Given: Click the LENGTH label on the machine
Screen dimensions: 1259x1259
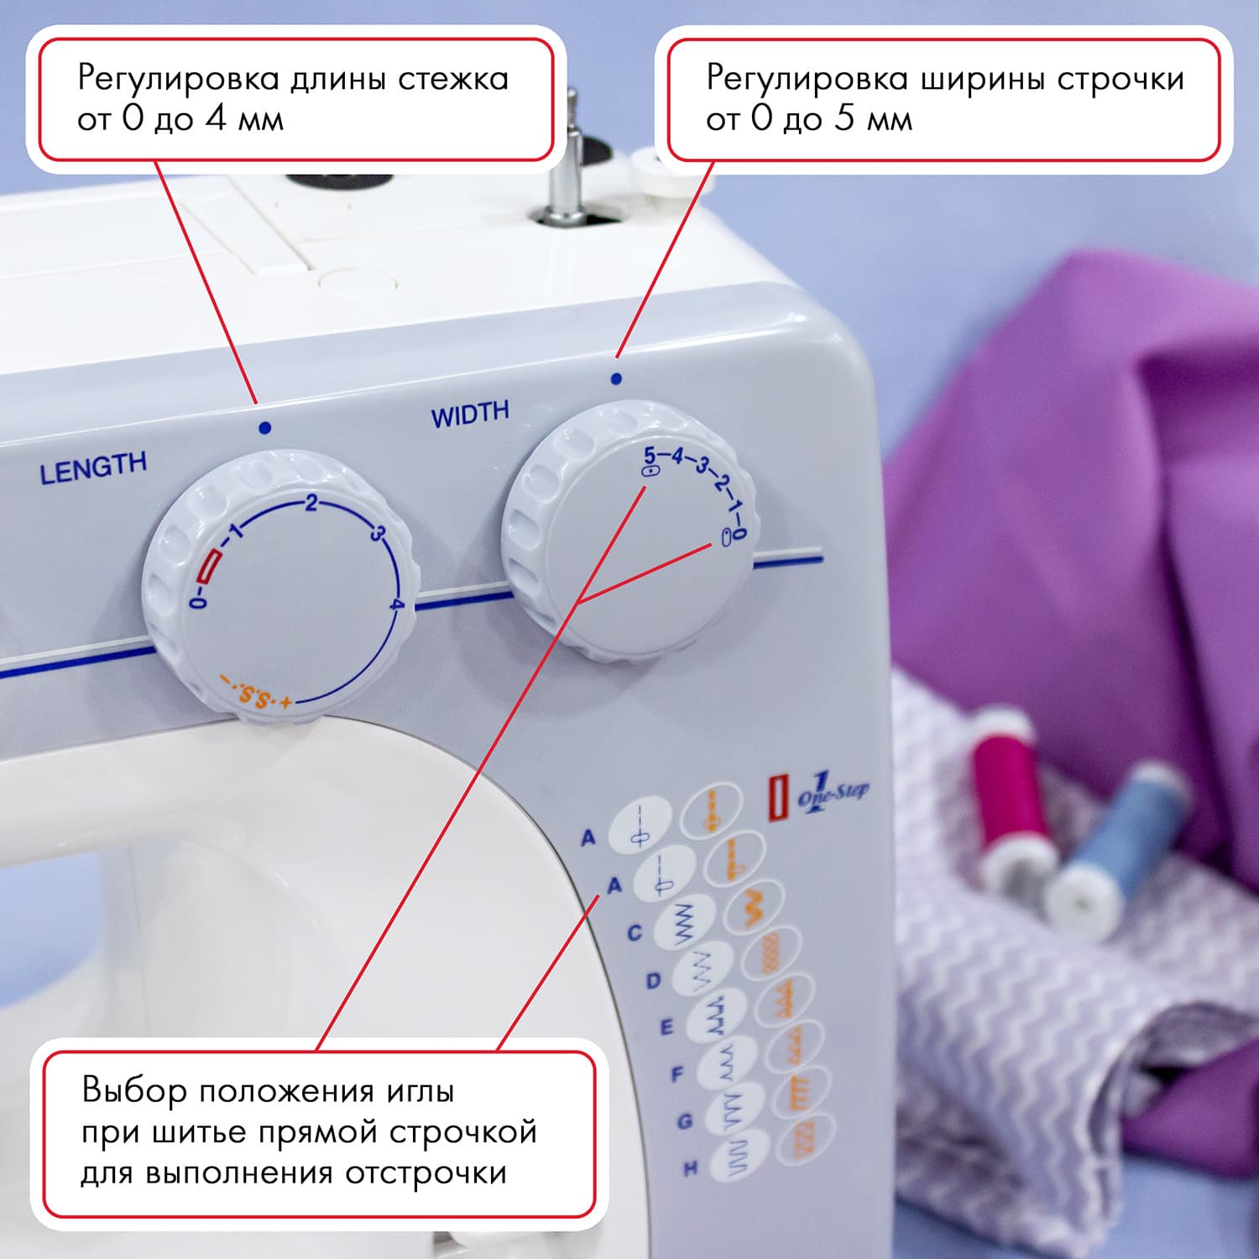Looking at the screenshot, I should point(93,468).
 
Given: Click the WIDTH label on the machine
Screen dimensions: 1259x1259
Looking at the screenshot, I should point(470,414).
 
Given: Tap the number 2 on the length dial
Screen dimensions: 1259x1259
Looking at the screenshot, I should point(311,504).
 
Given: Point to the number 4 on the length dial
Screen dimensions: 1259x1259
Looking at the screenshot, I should point(397,604).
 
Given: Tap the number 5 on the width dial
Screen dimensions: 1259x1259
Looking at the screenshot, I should point(650,455).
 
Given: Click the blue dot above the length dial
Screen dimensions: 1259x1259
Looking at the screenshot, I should point(265,428).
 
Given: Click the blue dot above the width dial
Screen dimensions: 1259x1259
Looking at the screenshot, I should point(616,379).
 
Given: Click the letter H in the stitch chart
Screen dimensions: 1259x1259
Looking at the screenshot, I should point(690,1168).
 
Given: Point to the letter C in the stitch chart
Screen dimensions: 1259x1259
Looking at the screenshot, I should point(635,932).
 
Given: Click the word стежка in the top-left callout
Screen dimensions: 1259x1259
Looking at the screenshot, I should point(453,79).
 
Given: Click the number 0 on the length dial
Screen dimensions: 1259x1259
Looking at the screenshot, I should point(198,601).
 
